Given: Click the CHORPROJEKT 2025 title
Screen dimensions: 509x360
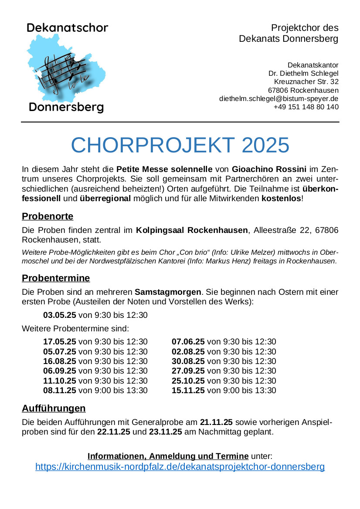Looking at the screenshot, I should click(x=180, y=145).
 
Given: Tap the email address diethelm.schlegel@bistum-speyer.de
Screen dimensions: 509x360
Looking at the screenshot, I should click(x=278, y=99).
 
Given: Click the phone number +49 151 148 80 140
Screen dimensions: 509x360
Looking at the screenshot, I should click(x=306, y=107).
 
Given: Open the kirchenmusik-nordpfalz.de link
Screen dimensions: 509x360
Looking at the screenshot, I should click(x=180, y=467).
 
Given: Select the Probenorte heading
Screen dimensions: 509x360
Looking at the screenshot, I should click(x=48, y=216).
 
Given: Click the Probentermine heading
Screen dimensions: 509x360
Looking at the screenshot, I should click(x=56, y=278).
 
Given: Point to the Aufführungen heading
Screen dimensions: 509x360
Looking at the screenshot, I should click(x=54, y=408).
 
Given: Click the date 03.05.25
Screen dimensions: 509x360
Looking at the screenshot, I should click(x=60, y=315).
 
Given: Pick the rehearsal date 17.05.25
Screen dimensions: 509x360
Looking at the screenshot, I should click(x=60, y=342).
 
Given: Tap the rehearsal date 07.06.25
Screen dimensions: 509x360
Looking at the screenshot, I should click(x=188, y=342).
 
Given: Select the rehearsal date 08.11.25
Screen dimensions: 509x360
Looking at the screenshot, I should click(x=60, y=391).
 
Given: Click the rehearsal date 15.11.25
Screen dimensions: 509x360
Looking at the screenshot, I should click(x=188, y=391).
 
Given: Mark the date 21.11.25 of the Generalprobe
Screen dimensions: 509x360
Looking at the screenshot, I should click(x=216, y=422).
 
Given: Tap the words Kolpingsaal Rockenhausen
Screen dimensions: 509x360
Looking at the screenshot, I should click(x=192, y=230).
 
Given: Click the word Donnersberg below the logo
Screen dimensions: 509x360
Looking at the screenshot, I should click(x=66, y=107).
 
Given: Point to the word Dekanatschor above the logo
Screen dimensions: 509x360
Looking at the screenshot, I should click(x=67, y=28).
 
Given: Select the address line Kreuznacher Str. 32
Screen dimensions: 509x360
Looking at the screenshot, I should click(x=306, y=82).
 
